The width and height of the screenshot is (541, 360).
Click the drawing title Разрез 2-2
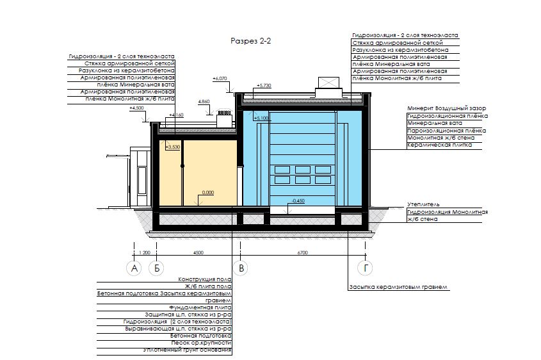250,41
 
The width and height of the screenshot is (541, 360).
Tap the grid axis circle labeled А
134,268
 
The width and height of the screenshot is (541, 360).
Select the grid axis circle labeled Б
156,268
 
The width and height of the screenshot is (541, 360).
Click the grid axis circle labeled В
241,268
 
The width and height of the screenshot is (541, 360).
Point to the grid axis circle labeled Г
366,268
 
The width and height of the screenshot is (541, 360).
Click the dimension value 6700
302,252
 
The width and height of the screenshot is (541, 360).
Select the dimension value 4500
198,252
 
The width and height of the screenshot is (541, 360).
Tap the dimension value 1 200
145,252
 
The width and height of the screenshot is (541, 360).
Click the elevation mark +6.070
220,78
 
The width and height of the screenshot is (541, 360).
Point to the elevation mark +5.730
264,86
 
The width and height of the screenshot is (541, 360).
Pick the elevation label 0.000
207,193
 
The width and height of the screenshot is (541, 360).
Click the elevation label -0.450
298,201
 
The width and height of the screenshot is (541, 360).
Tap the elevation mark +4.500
136,108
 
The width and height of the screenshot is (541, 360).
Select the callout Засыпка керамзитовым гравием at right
398,287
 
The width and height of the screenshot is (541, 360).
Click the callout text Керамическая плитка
440,145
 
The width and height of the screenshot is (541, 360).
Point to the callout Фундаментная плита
200,307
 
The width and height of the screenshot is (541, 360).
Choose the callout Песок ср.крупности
201,343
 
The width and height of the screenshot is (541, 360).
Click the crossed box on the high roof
328,83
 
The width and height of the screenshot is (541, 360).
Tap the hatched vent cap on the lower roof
224,113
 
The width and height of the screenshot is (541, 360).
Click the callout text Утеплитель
423,205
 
